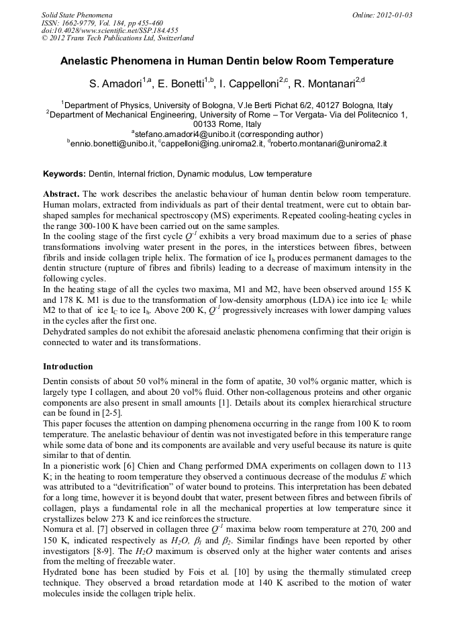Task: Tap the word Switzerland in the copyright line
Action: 171,38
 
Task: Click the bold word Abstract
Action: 61,193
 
